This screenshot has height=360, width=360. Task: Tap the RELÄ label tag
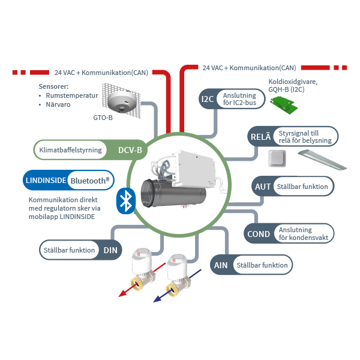click(x=260, y=137)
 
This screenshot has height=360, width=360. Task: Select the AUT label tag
click(x=262, y=187)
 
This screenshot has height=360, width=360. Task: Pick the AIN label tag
click(x=221, y=265)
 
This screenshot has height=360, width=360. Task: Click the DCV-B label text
click(x=130, y=150)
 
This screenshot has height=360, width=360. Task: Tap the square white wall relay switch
click(x=276, y=159)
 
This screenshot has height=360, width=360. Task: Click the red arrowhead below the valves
click(x=120, y=293)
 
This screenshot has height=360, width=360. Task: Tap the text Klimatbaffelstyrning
click(x=70, y=150)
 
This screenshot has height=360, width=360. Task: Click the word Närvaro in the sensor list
click(x=60, y=104)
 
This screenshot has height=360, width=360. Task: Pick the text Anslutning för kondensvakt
click(x=304, y=234)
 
